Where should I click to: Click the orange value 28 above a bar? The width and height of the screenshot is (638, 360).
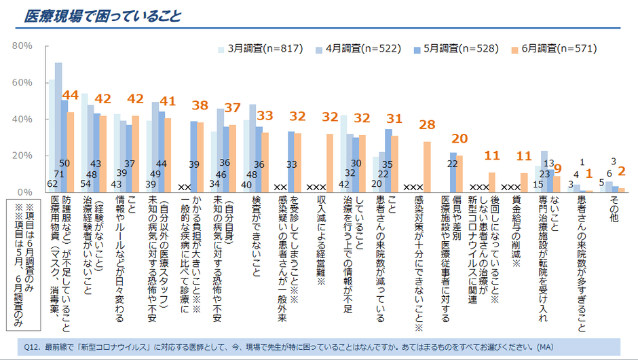click(427, 126)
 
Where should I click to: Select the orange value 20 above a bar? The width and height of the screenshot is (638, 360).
click(459, 139)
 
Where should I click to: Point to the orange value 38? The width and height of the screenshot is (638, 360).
click(200, 106)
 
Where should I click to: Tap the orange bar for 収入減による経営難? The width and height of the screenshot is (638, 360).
click(330, 163)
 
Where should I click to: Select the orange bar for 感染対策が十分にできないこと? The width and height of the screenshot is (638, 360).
click(427, 166)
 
